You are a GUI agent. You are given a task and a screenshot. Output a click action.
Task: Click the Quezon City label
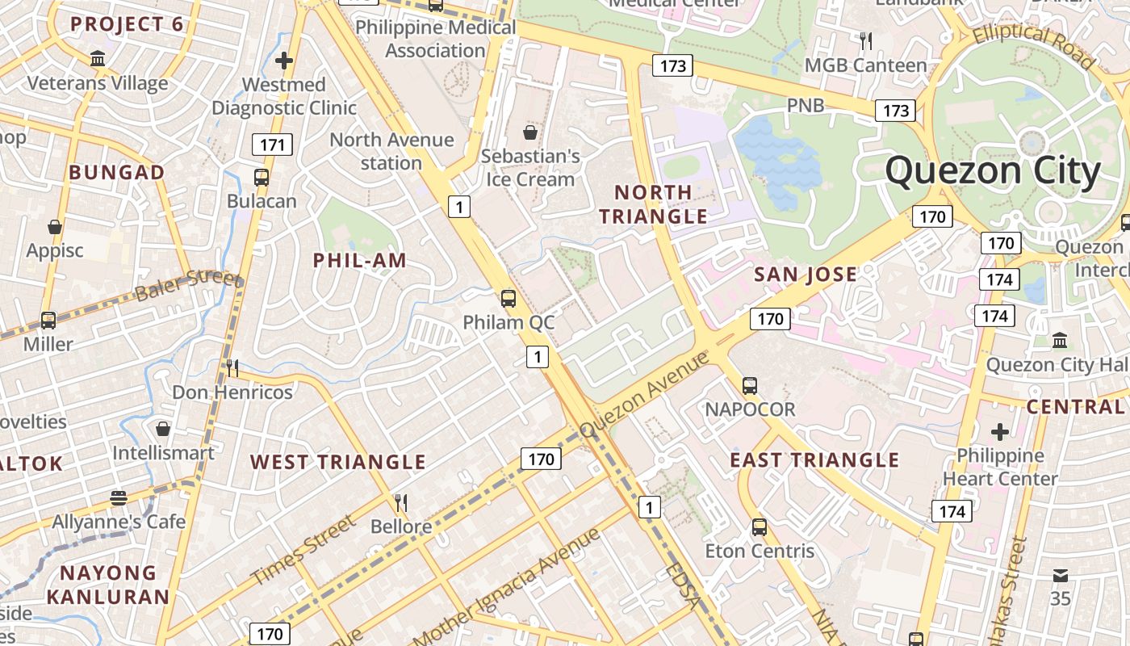point(993,171)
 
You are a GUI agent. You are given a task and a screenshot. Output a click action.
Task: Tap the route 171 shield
point(272,145)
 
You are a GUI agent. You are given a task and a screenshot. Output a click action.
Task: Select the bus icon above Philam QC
point(508,299)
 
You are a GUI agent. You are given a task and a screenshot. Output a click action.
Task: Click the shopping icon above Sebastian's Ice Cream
point(530,132)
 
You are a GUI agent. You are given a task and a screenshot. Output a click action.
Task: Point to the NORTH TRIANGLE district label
point(653,204)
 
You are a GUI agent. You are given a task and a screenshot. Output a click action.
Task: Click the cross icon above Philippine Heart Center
point(1000,432)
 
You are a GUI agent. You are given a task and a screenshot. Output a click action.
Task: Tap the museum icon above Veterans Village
point(98,59)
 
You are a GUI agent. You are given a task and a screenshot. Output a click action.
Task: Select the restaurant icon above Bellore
point(400,503)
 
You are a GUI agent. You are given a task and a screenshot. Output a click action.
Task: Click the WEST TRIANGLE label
point(337,462)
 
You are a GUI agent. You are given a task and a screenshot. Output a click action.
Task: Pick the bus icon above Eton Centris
point(759,527)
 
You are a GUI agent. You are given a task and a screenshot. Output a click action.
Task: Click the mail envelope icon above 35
point(1060,576)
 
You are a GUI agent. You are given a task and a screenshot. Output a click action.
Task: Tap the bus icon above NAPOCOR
point(750,385)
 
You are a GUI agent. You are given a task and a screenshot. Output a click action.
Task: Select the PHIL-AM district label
point(359,260)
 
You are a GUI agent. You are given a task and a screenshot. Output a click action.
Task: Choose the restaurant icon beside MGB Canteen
point(866,40)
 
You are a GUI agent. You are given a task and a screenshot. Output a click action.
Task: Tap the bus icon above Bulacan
point(261,178)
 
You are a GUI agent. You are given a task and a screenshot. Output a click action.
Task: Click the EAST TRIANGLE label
point(814,460)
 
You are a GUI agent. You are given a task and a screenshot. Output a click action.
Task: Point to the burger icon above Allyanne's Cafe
point(119,497)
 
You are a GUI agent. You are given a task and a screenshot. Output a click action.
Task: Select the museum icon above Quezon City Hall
point(1060,341)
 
